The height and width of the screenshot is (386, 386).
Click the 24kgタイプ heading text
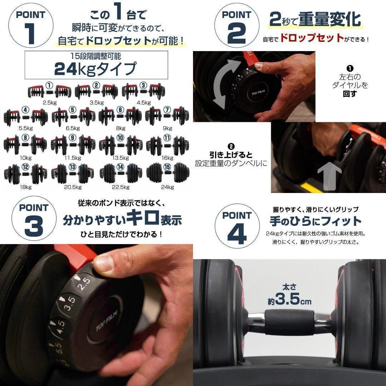[95, 69]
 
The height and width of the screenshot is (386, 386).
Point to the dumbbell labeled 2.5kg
[49, 91]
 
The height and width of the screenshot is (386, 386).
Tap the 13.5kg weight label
[120, 157]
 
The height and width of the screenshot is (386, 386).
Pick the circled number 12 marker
[25, 166]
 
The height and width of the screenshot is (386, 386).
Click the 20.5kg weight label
[73, 187]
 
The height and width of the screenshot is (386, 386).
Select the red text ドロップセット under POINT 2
[312, 39]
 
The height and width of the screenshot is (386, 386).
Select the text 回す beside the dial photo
[350, 94]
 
